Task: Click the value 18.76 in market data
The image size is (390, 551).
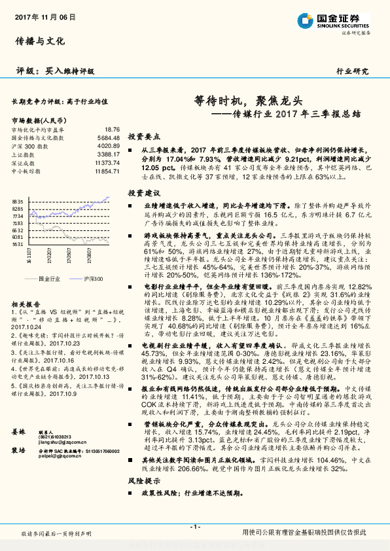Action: tap(112, 130)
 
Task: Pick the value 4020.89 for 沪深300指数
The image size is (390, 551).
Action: tap(108, 146)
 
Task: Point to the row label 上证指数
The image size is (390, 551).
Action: tap(25, 154)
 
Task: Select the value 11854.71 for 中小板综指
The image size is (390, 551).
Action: tap(107, 171)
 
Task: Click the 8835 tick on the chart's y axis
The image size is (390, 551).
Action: tap(18, 202)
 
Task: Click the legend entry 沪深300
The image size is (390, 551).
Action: tap(93, 279)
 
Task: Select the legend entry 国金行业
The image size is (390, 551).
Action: tap(49, 279)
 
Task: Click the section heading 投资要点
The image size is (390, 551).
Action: tap(144, 137)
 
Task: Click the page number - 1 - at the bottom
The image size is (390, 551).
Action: tap(194, 527)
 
